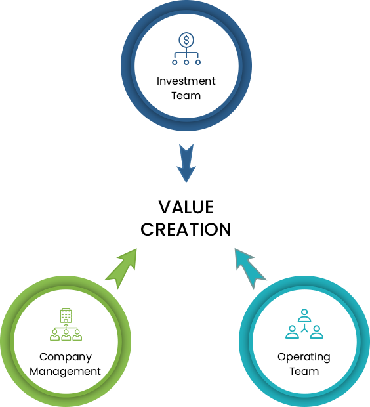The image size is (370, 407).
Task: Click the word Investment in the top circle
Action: click(186, 81)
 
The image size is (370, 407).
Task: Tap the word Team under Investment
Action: click(186, 96)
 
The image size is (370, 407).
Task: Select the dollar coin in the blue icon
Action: click(186, 40)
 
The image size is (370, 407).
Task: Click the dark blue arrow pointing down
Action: click(186, 163)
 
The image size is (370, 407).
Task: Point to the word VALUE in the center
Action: click(186, 207)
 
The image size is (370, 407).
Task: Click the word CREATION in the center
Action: click(186, 230)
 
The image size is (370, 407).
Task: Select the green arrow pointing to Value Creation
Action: click(121, 268)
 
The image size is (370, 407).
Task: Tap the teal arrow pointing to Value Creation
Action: click(251, 268)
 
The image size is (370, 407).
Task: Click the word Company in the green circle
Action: click(66, 357)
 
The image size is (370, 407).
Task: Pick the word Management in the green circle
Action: click(65, 372)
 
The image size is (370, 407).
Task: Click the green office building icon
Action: click(66, 315)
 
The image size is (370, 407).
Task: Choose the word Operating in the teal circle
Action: click(304, 357)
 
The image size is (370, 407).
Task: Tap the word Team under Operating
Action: click(304, 372)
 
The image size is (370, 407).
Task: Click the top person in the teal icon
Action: click(304, 315)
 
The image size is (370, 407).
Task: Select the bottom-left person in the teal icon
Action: click(292, 332)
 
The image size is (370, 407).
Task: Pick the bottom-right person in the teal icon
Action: click(317, 332)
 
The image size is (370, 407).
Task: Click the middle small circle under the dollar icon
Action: click(186, 62)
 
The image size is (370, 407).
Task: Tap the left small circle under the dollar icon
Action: click(175, 62)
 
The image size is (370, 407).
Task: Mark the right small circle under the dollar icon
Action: click(198, 62)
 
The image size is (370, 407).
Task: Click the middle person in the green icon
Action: click(66, 335)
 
